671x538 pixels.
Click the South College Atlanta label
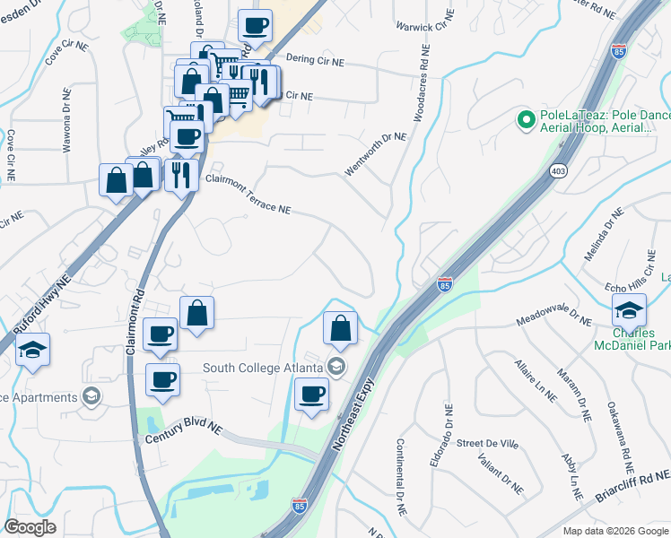coord(261,366)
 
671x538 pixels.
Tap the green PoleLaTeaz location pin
coord(524,118)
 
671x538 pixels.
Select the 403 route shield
coord(560,170)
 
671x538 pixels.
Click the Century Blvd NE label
coord(183,432)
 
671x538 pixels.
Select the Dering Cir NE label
coord(315,60)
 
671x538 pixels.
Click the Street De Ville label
coord(488,442)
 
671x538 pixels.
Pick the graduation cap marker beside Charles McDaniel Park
coord(629,311)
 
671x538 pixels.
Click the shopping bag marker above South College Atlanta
coord(341,328)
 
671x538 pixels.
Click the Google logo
coord(30,527)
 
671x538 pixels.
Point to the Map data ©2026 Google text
coord(614,531)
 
